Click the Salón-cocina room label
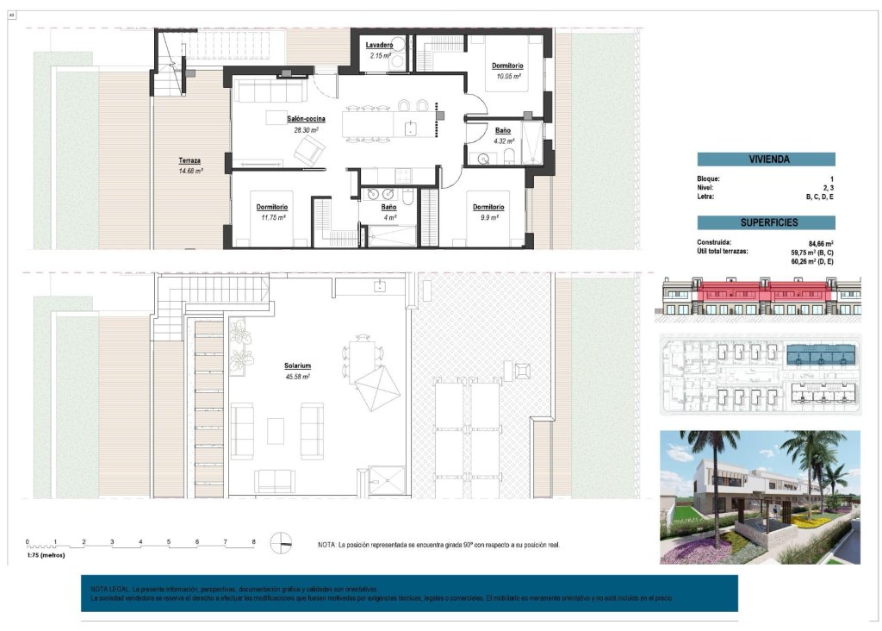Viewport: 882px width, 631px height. (306, 119)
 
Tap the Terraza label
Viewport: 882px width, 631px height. (190, 161)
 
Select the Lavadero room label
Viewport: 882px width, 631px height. (379, 45)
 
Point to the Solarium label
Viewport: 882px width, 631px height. (297, 366)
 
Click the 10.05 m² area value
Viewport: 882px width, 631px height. (507, 76)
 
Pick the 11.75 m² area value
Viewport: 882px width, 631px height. (271, 218)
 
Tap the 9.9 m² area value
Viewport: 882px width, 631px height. (488, 218)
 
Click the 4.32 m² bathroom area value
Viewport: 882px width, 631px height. (504, 141)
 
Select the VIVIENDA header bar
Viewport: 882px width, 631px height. (766, 159)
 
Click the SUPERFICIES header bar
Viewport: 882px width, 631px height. (766, 222)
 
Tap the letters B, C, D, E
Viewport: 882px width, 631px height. (819, 197)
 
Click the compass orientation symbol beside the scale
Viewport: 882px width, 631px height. (281, 543)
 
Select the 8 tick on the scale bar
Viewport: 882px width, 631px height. (253, 542)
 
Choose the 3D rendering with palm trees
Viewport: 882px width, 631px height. (760, 497)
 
